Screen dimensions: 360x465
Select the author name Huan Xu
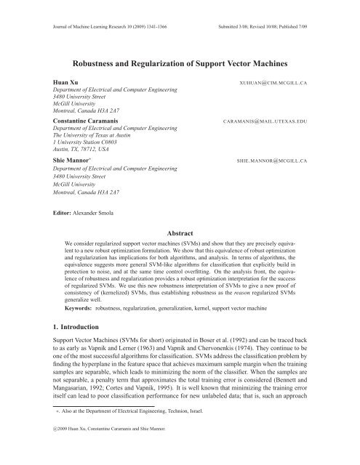(57, 84)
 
